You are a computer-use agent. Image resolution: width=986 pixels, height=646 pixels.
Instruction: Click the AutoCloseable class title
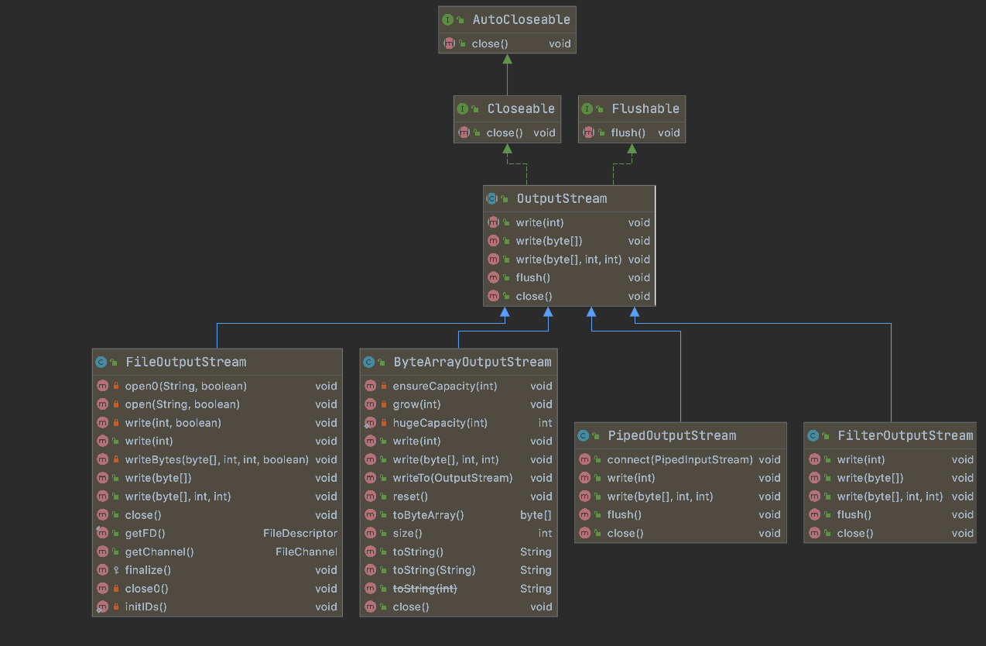tap(521, 19)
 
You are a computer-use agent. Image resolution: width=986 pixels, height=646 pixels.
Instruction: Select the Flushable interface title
tap(645, 108)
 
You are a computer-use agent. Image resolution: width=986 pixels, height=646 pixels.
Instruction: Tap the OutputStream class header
tap(561, 198)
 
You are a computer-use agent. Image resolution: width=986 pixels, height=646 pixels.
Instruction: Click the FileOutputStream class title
tap(186, 362)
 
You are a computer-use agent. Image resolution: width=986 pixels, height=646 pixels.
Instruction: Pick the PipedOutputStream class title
tap(671, 435)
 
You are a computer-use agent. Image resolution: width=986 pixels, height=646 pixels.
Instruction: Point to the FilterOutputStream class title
tap(905, 435)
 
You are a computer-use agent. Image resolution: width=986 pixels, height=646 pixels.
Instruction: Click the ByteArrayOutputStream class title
tap(472, 362)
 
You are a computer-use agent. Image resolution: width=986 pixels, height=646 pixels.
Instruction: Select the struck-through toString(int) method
tap(425, 589)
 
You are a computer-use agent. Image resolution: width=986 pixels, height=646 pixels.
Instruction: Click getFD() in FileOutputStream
tap(145, 533)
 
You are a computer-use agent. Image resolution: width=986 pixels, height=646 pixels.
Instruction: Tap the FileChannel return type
tap(306, 552)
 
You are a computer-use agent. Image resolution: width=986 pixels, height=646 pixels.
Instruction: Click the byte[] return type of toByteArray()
tap(536, 514)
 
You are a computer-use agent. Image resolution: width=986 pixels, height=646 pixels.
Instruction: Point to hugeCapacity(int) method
tap(440, 423)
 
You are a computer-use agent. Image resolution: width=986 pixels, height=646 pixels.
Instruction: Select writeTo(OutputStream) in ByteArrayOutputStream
tap(452, 478)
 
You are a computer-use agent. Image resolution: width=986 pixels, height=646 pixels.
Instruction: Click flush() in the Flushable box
tap(628, 132)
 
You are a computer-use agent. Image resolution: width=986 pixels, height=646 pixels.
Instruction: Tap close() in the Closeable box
tap(505, 132)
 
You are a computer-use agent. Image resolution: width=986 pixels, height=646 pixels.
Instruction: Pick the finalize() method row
tap(147, 570)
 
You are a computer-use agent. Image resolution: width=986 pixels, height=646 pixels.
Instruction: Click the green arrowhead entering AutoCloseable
tap(506, 60)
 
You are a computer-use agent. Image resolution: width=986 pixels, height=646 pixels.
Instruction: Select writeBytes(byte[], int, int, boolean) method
tap(217, 459)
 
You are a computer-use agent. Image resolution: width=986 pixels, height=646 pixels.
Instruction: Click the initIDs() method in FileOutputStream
tap(146, 606)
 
